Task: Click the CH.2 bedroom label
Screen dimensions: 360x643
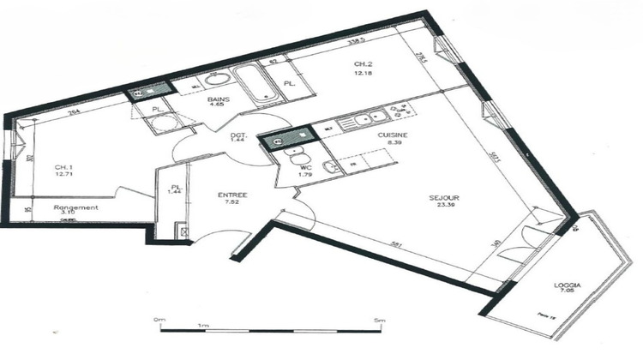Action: [x=361, y=63]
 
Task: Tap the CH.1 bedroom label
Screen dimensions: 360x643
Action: [x=63, y=167]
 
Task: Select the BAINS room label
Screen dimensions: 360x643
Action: [x=219, y=99]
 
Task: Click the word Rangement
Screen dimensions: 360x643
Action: [x=75, y=207]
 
